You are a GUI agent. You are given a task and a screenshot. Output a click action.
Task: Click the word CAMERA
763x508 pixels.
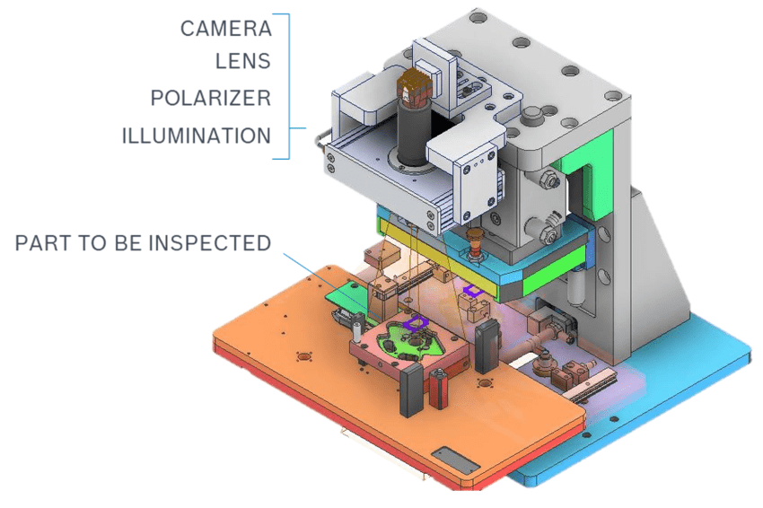[x=226, y=29]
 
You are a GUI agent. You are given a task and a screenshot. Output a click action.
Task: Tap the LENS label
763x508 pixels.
[x=243, y=61]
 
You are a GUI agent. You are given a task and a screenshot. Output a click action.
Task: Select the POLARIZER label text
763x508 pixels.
[x=211, y=99]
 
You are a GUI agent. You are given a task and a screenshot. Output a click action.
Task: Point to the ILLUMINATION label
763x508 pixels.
[x=196, y=136]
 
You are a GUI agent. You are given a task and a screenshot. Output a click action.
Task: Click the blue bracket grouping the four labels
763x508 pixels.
[x=288, y=87]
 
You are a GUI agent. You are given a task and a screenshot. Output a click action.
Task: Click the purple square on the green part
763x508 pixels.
[x=415, y=323]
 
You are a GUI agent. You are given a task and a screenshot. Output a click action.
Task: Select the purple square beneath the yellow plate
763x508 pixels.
[x=472, y=291]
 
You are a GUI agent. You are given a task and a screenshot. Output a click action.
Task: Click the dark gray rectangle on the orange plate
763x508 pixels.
[x=455, y=460]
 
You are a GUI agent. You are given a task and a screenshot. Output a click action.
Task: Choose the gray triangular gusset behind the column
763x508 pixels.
[x=660, y=253]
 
